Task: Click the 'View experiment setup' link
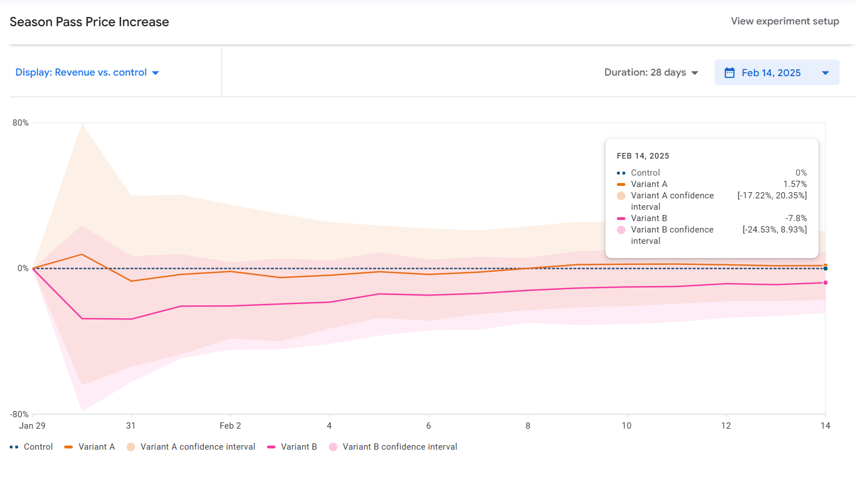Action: [x=784, y=21]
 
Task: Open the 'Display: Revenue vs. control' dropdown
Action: [x=87, y=73]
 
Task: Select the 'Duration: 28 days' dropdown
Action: [x=651, y=73]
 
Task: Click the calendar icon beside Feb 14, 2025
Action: [x=729, y=73]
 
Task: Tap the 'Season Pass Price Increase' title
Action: [x=89, y=22]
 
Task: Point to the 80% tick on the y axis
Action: [x=20, y=123]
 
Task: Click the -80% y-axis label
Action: [x=19, y=414]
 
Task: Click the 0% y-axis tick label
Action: [x=23, y=268]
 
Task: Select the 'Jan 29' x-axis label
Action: [x=32, y=426]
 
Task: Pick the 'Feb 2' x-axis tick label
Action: [x=230, y=426]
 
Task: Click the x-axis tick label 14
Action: [x=825, y=426]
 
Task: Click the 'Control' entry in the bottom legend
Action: [x=38, y=447]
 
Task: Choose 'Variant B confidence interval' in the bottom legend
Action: [x=399, y=447]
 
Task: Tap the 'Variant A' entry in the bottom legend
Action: [x=96, y=447]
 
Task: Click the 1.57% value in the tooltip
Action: [x=795, y=184]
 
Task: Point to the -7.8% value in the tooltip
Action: [x=796, y=218]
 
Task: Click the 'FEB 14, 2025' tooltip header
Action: [x=642, y=156]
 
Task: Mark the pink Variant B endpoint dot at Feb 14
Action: [x=825, y=283]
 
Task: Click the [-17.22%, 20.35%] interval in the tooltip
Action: [x=772, y=196]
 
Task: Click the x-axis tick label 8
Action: [x=528, y=426]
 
